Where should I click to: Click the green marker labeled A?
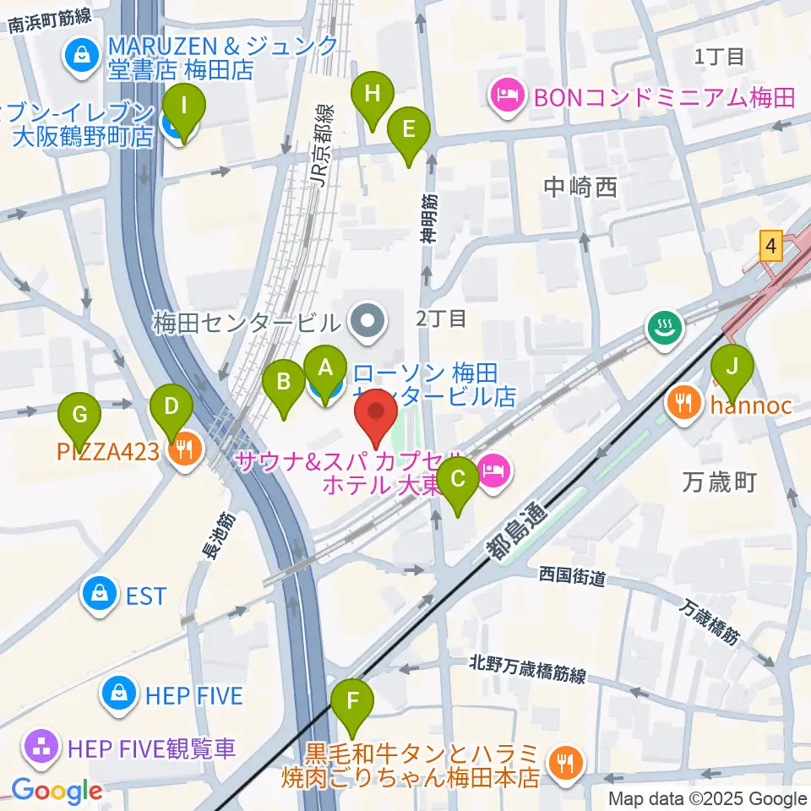324,367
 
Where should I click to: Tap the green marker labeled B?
284,382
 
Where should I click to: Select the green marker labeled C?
459,480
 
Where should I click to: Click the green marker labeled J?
732,367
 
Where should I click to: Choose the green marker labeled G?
80,415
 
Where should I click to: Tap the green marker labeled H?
372,94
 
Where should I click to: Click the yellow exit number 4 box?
769,247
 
